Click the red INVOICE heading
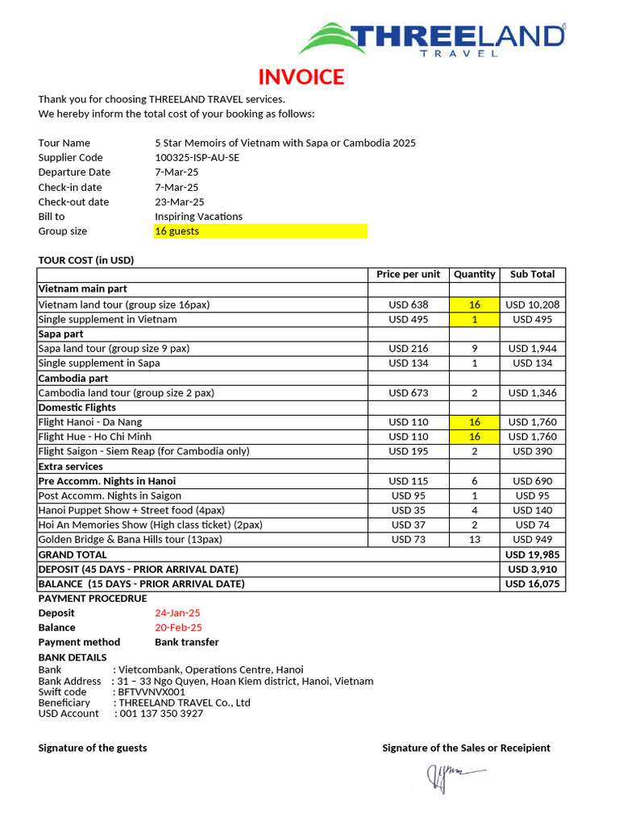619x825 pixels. click(301, 77)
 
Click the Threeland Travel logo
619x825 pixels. click(431, 39)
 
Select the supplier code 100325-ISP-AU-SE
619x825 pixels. click(197, 158)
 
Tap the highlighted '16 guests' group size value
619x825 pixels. click(177, 231)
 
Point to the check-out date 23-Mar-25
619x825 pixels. click(180, 202)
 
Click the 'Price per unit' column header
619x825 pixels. click(409, 275)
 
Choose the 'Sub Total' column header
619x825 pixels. click(532, 275)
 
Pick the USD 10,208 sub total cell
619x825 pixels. click(532, 305)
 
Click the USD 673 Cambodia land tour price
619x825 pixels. click(409, 393)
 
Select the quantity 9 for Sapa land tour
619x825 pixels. click(475, 349)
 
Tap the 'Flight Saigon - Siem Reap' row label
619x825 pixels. click(143, 451)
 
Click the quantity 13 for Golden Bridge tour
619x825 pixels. click(475, 540)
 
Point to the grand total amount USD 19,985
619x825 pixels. click(532, 554)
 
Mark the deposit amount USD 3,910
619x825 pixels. click(532, 569)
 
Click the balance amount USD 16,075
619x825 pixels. click(532, 584)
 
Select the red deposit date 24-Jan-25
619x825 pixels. click(177, 613)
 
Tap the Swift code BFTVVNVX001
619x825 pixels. click(152, 692)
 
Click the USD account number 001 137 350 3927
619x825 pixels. click(160, 714)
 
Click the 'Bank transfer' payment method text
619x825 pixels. click(186, 642)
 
